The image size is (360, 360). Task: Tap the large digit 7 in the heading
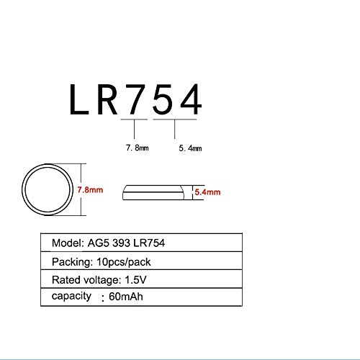(x=135, y=99)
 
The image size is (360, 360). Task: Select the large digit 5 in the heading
(x=163, y=99)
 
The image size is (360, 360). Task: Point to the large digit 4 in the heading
(x=191, y=99)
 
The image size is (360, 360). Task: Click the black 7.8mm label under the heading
(x=138, y=148)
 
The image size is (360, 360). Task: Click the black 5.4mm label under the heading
(x=190, y=148)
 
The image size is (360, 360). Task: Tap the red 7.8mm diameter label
(x=90, y=190)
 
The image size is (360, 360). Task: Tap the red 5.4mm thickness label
(x=207, y=192)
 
